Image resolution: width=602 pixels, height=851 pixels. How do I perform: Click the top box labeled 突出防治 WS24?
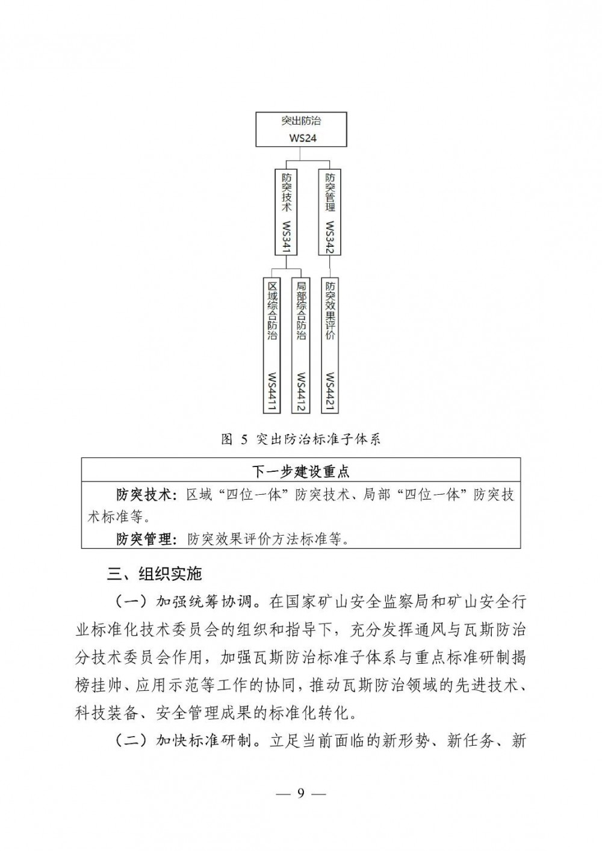click(x=302, y=129)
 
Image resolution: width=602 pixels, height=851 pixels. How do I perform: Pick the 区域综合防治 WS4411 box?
click(x=272, y=345)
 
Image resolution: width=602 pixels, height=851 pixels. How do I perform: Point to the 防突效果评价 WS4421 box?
click(x=330, y=345)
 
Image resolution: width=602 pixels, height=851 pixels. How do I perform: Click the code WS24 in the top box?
click(x=302, y=138)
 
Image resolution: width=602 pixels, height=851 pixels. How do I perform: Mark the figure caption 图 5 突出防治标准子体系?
click(x=301, y=439)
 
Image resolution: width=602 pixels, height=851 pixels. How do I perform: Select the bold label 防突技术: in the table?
click(x=147, y=495)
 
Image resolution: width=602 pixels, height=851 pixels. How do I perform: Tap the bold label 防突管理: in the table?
click(x=147, y=538)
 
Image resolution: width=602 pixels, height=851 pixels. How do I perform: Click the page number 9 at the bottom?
click(x=301, y=793)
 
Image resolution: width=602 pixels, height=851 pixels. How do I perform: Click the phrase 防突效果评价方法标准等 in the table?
click(x=268, y=538)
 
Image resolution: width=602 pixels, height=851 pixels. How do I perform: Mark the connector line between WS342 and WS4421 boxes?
click(x=330, y=266)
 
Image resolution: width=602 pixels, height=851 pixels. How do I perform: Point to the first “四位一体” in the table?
click(x=253, y=495)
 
